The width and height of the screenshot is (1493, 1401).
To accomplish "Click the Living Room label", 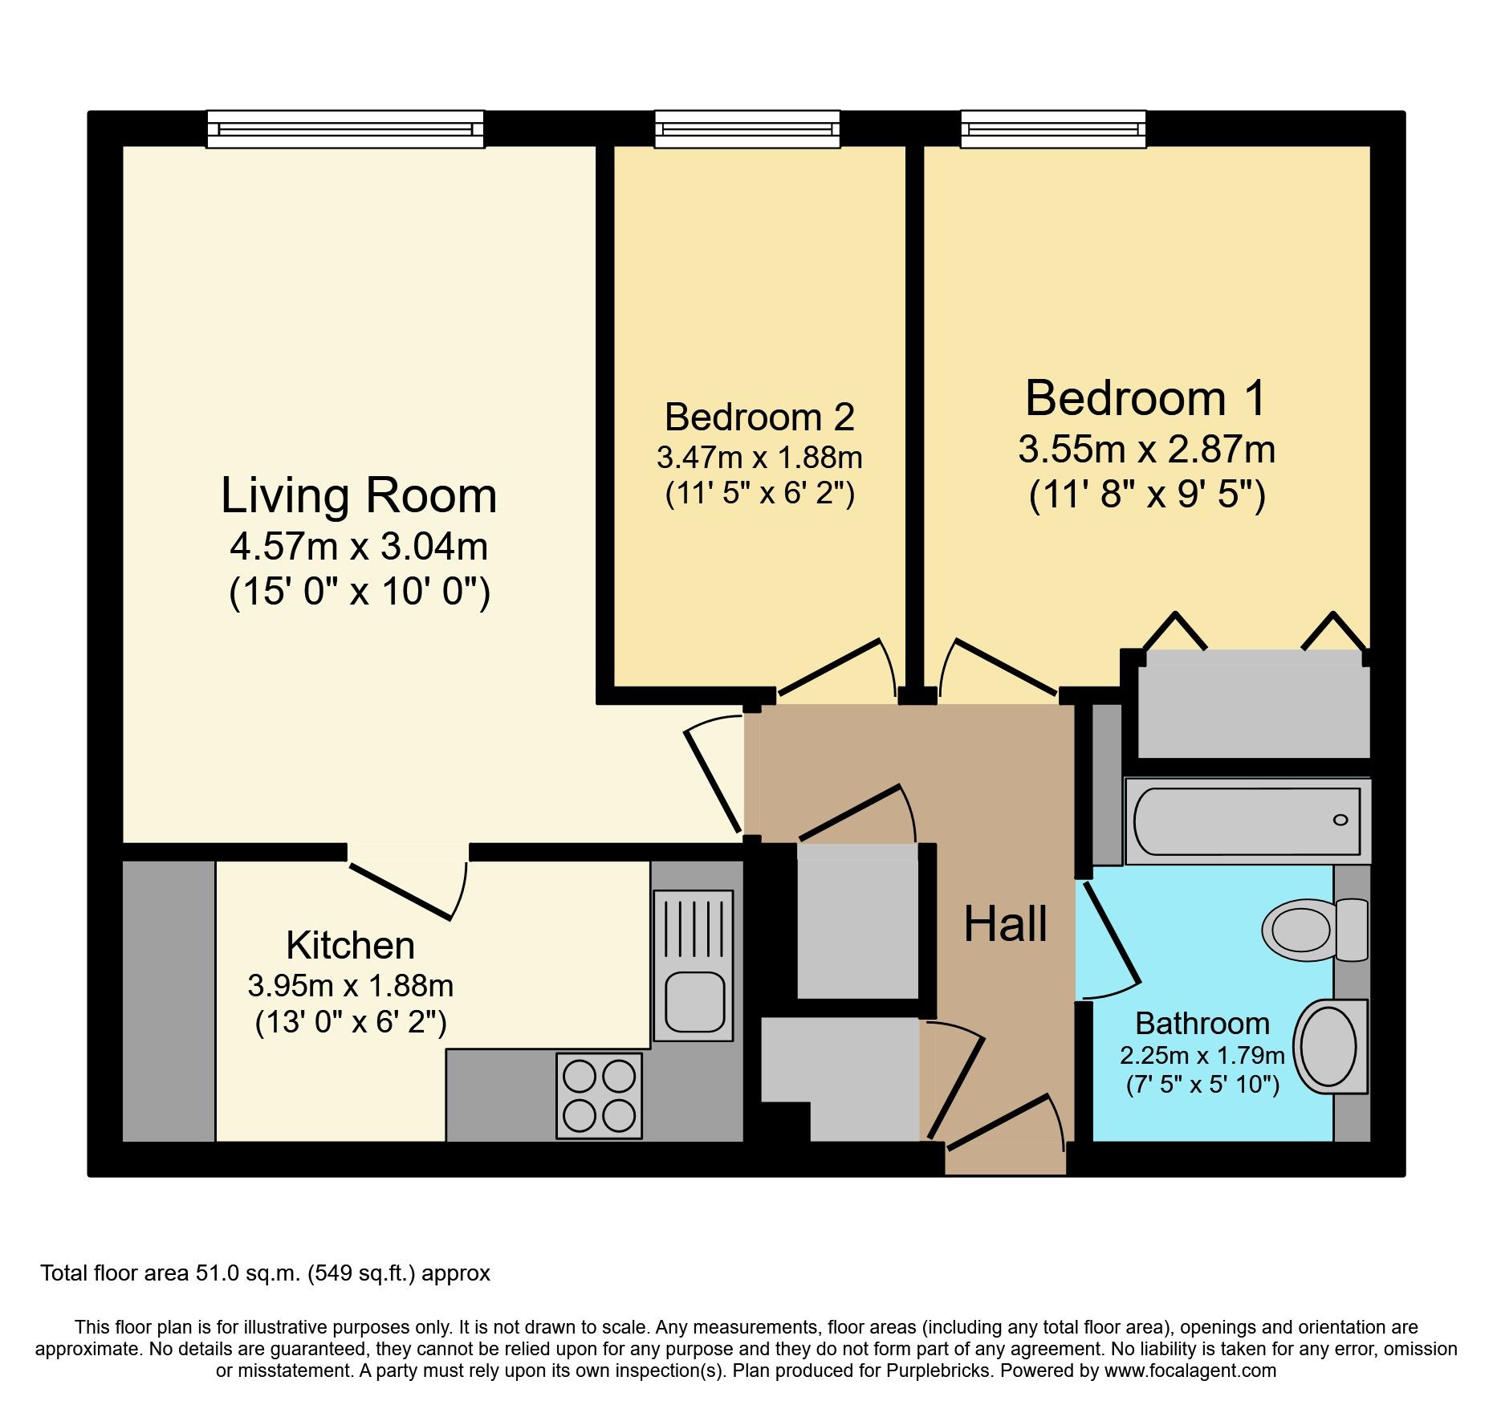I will pos(359,495).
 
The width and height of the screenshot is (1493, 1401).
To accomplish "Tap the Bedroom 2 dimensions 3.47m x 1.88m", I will pos(759,458).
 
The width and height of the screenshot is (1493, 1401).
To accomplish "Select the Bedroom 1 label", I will pos(1145,398).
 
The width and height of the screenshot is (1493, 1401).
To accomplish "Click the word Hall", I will pos(1005,924).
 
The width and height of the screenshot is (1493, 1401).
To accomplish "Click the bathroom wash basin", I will pos(1328,1047).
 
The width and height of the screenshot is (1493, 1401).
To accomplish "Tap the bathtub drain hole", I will pos(1340,820).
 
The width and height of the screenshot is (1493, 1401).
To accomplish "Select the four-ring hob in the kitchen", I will pos(599,1096).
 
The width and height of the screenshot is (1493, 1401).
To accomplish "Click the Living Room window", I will pos(345,129).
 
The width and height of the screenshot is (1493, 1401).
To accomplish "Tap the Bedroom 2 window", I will pos(746,129).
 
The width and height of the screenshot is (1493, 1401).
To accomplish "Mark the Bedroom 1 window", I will pos(1053,129).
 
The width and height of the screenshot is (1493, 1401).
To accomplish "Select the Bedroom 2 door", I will pos(831,666).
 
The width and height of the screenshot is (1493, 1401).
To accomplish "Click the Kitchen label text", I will pos(350,946).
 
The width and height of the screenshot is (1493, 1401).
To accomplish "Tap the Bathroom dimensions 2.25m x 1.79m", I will pos(1202,1055).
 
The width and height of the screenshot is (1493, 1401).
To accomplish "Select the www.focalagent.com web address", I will pos(1190,1370).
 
